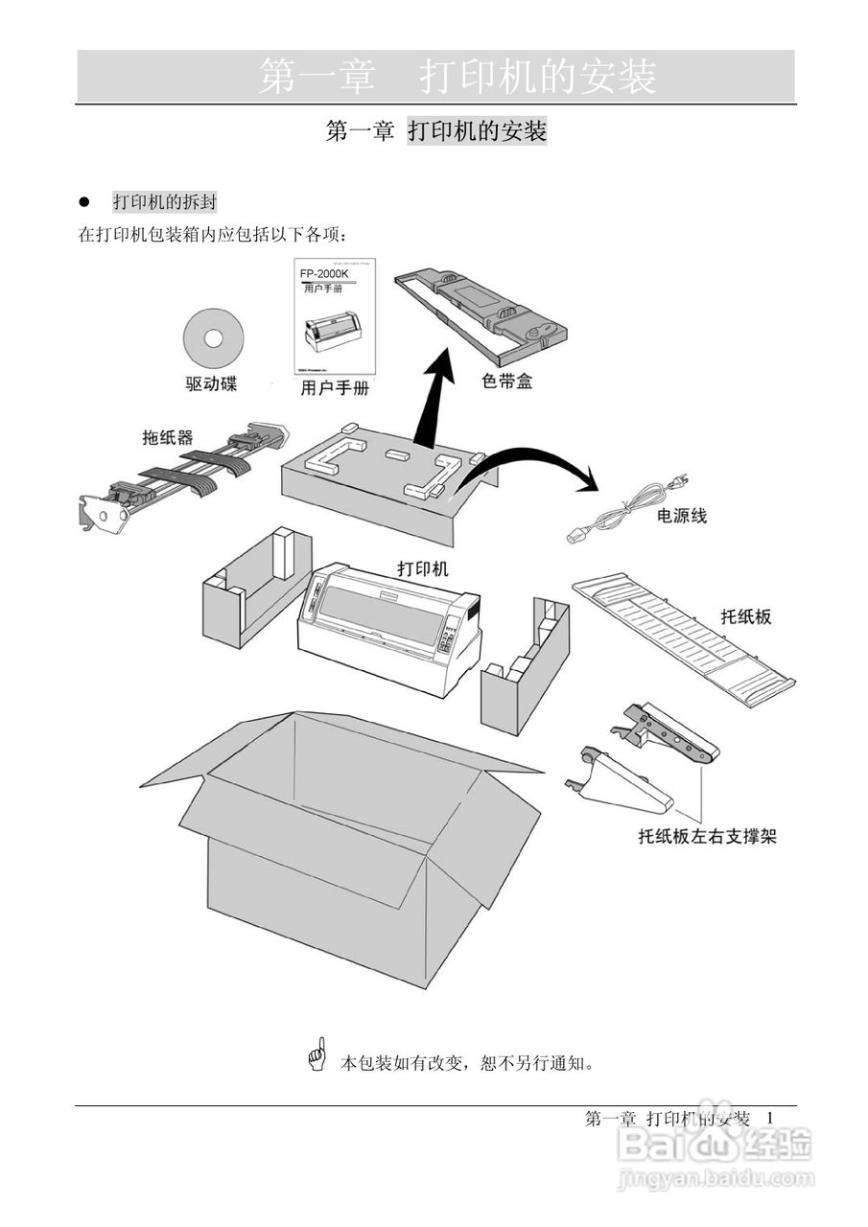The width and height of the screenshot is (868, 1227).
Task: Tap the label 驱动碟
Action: click(x=211, y=384)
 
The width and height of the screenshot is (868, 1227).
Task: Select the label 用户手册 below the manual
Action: click(x=335, y=388)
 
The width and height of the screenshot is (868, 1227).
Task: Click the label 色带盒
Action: click(x=506, y=382)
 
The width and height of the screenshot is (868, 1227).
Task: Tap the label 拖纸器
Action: click(x=168, y=438)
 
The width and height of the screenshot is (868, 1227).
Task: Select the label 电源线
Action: click(x=682, y=516)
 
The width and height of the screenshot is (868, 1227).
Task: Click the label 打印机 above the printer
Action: click(x=423, y=567)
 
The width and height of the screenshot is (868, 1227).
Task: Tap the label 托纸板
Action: click(x=745, y=616)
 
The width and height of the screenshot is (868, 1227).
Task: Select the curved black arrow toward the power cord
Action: click(x=537, y=460)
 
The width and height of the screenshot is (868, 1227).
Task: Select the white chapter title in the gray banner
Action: click(x=457, y=77)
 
